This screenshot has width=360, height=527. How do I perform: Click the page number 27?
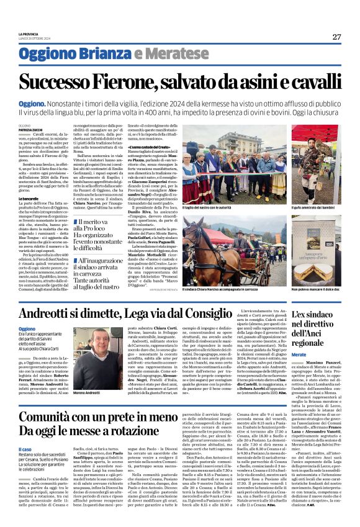pyautogui.click(x=336, y=37)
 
